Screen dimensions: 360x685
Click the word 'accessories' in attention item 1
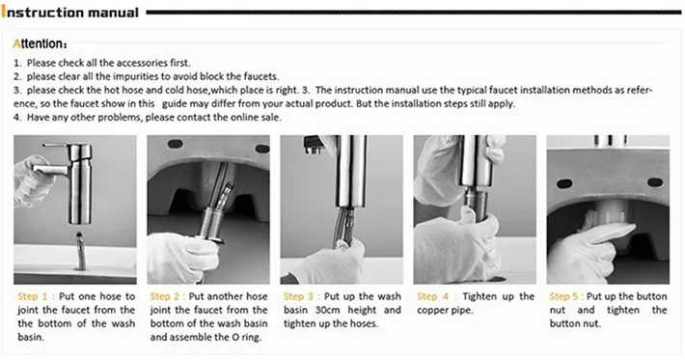(x=120, y=62)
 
